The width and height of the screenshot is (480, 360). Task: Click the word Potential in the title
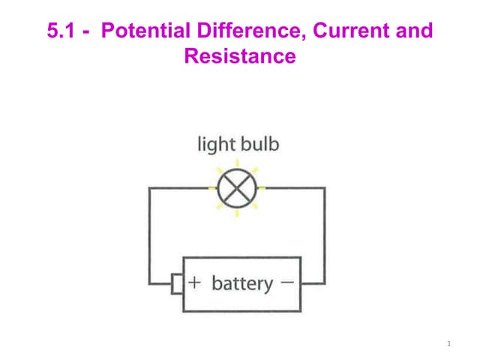pyautogui.click(x=145, y=30)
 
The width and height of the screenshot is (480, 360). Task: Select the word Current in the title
pyautogui.click(x=351, y=30)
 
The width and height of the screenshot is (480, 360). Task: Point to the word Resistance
pyautogui.click(x=240, y=56)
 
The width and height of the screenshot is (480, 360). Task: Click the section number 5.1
pyautogui.click(x=61, y=31)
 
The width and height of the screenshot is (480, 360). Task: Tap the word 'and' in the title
pyautogui.click(x=414, y=30)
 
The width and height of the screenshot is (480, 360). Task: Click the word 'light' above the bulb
pyautogui.click(x=214, y=145)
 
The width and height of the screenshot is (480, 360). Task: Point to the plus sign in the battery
pyautogui.click(x=195, y=283)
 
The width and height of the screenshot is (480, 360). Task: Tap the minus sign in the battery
pyautogui.click(x=287, y=282)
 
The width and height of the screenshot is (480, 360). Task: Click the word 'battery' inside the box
pyautogui.click(x=242, y=283)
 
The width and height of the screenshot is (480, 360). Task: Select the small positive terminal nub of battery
pyautogui.click(x=177, y=284)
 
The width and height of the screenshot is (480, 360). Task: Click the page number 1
pyautogui.click(x=449, y=343)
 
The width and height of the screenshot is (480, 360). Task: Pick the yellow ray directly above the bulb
pyautogui.click(x=237, y=163)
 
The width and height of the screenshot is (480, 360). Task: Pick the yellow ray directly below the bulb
pyautogui.click(x=237, y=213)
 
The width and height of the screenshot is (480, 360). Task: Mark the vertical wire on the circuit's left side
pyautogui.click(x=149, y=235)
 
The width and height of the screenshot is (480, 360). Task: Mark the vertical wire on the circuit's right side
pyautogui.click(x=325, y=235)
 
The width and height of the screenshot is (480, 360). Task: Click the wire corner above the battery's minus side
pyautogui.click(x=325, y=188)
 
